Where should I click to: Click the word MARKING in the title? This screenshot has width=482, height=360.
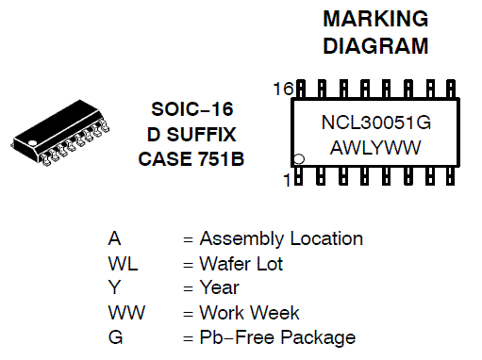click(375, 19)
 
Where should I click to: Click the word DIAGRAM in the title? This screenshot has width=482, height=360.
click(375, 46)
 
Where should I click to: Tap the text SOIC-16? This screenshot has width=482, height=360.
click(192, 109)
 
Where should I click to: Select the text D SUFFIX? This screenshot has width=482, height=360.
click(191, 135)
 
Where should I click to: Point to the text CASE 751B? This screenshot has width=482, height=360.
click(191, 159)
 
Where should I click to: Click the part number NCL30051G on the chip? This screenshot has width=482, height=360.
click(376, 123)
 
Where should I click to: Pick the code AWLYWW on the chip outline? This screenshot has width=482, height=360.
click(375, 148)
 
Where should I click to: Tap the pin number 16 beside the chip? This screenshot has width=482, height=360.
click(283, 89)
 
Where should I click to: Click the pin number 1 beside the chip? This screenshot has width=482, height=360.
click(287, 180)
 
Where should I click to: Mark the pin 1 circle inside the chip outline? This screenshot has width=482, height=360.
click(298, 159)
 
